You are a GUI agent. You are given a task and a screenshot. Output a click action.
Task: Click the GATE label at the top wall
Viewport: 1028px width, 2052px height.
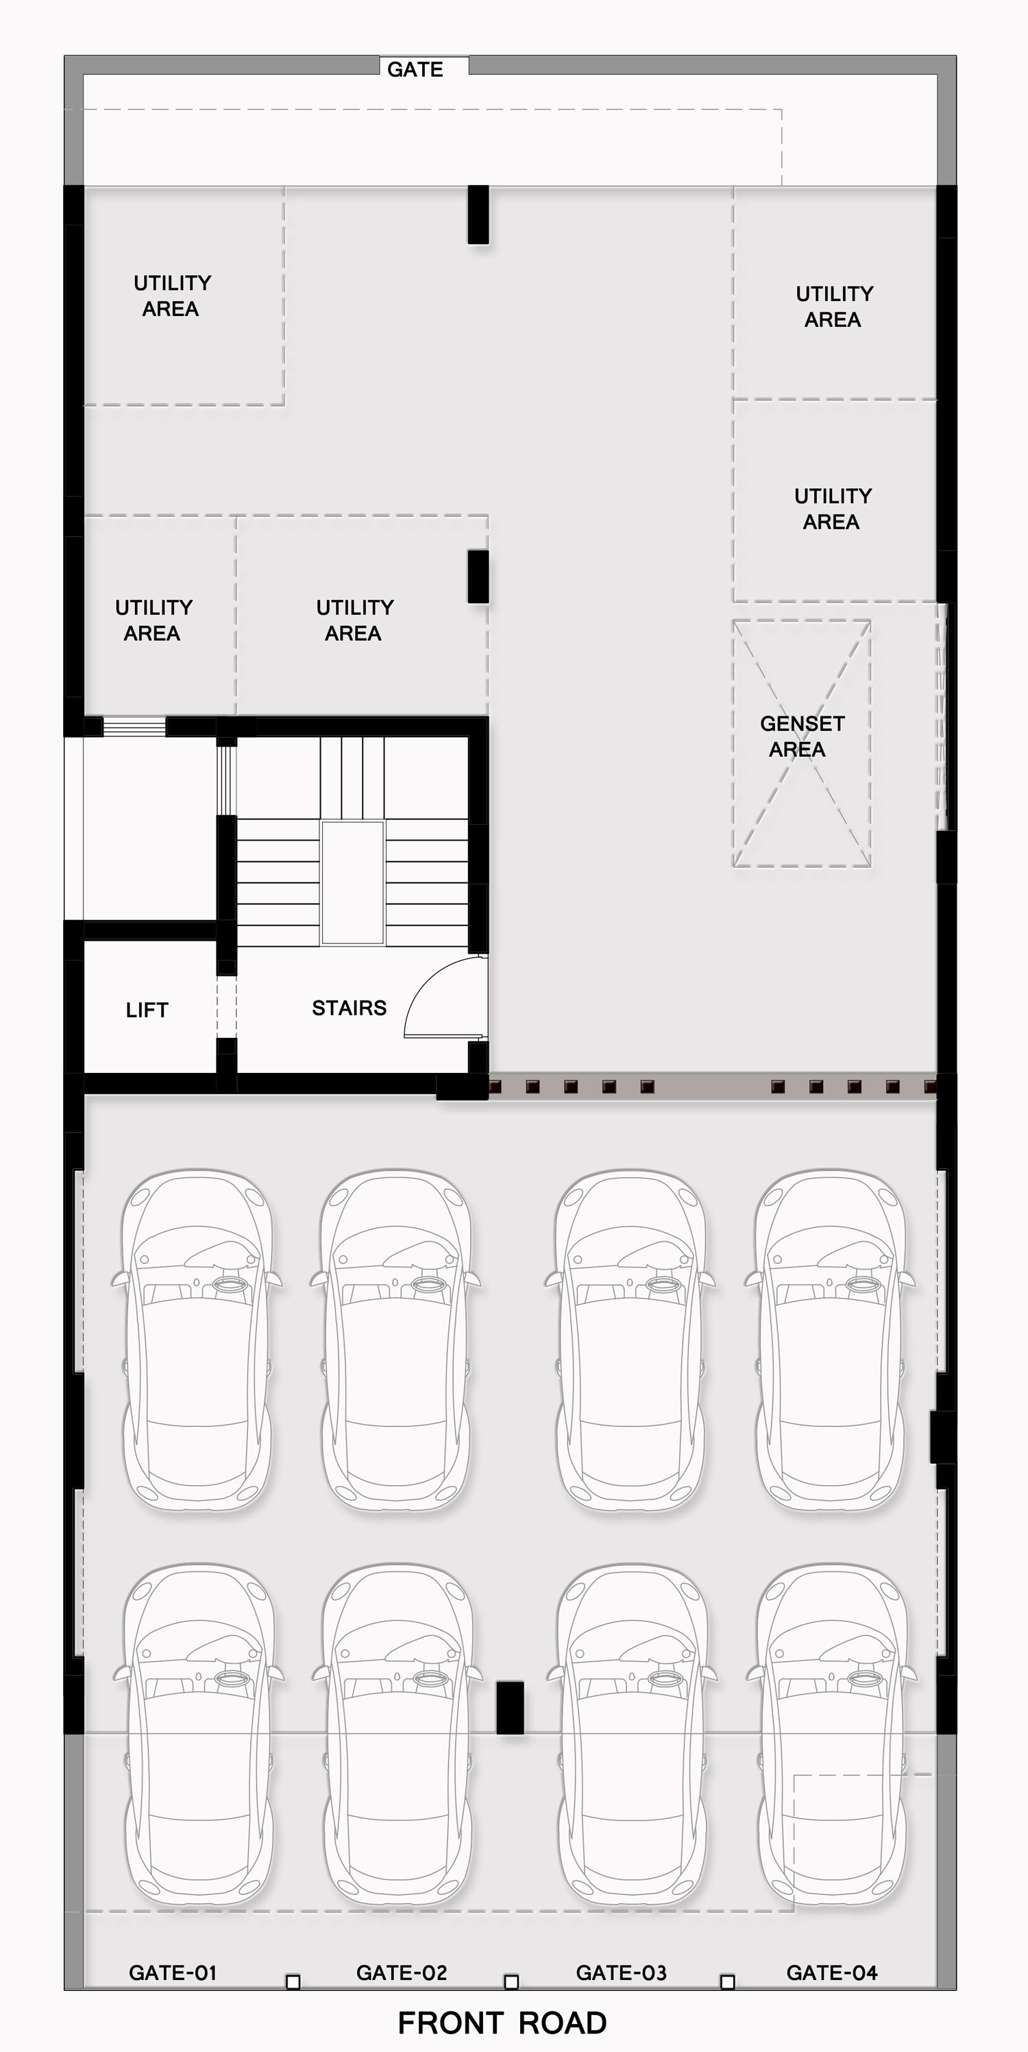(415, 69)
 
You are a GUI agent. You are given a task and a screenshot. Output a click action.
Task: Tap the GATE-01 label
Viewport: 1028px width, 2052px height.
(173, 1972)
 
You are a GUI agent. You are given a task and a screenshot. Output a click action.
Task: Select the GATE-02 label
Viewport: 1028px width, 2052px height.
(402, 1972)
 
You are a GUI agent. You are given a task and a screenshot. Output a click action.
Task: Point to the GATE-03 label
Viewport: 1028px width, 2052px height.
(621, 1972)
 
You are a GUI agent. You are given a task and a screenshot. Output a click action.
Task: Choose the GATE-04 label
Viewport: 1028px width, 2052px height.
(832, 1972)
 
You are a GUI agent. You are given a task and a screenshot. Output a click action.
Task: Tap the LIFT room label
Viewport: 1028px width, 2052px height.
(147, 1010)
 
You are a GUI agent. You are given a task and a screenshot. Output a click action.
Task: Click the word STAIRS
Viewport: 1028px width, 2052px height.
(350, 1008)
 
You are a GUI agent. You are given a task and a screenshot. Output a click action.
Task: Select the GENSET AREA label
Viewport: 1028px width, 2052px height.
(802, 736)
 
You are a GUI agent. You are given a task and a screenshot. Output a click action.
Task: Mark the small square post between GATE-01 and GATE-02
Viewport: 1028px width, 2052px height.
(293, 1981)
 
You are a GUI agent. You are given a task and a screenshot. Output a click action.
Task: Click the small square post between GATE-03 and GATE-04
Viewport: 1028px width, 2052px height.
(727, 1981)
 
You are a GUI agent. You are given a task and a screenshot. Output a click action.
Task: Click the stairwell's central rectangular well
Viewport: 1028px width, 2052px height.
(353, 882)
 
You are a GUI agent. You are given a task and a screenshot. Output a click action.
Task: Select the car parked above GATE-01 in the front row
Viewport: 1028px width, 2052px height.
(198, 1736)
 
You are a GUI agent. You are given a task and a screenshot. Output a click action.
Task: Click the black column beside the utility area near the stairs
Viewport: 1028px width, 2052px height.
(478, 576)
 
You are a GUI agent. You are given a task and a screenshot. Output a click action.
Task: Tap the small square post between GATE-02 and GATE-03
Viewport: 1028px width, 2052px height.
(511, 1981)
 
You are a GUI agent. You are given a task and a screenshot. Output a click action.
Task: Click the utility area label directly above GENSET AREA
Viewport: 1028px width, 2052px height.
(833, 509)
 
